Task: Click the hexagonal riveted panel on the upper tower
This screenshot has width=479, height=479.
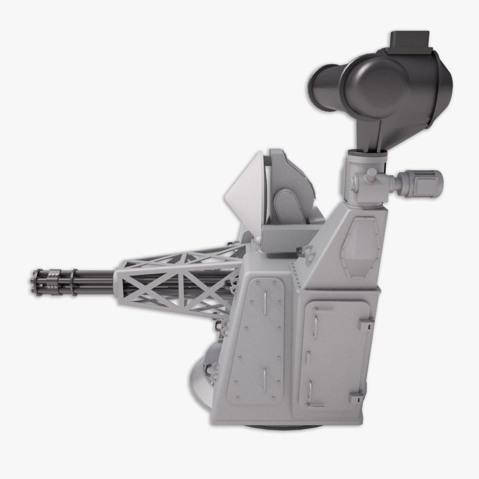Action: (360, 248)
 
